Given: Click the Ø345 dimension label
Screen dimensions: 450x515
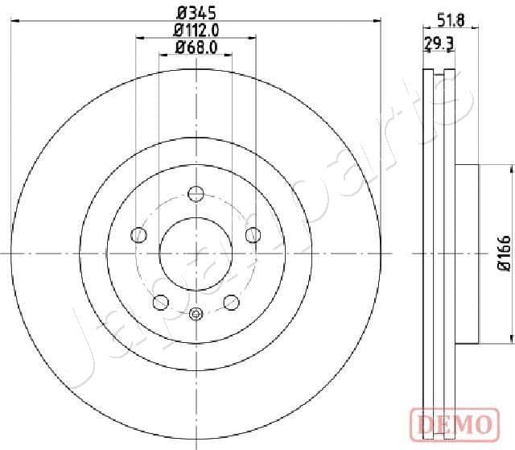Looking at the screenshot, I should (196, 12).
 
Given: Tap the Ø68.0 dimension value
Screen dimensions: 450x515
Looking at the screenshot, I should (196, 49).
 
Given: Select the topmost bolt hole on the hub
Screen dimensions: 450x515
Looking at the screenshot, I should (196, 193).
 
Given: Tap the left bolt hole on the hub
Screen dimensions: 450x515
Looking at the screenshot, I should (138, 235).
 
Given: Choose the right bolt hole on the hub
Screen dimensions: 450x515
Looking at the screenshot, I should (253, 235).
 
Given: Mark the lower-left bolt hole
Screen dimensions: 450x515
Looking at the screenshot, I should (160, 302).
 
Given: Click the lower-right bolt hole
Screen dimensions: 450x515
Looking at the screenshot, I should (231, 302).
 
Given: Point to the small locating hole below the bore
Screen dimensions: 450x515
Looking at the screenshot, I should (196, 314).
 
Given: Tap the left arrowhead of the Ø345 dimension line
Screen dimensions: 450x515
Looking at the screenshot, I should (16, 22).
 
